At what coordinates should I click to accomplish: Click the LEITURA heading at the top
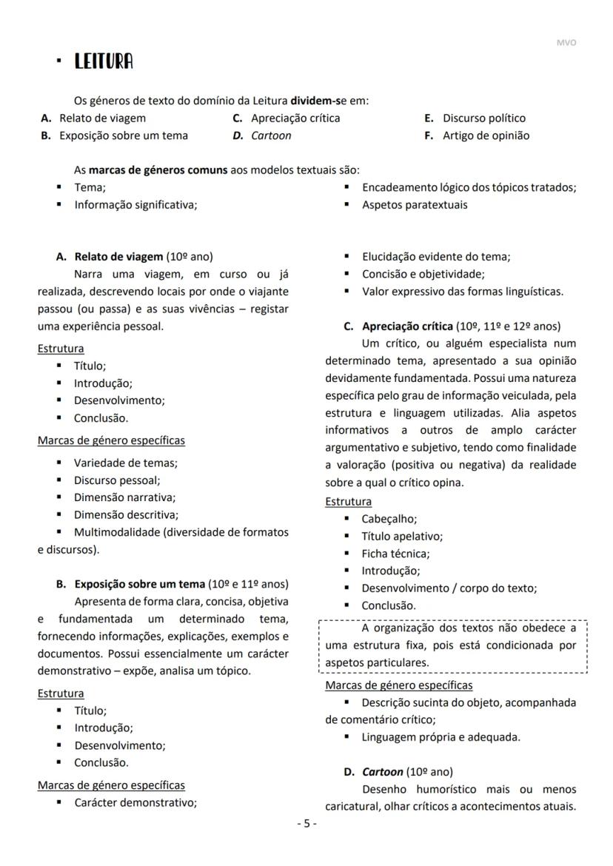pos(104,62)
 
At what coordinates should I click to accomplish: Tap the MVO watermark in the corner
pos(566,42)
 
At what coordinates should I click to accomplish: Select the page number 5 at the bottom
pos(306,823)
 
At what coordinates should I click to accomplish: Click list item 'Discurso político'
pos(484,118)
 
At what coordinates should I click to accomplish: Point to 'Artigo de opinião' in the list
pos(486,135)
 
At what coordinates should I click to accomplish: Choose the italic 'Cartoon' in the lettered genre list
pos(271,135)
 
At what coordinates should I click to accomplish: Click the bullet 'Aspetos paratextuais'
pos(414,204)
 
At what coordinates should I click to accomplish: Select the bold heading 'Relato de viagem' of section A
pos(118,256)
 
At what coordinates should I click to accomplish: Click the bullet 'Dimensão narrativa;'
pos(124,497)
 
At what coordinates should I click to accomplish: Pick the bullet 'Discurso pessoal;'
pos(116,480)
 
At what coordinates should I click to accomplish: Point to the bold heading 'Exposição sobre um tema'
pos(140,583)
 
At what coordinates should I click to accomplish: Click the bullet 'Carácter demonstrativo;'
pos(135,802)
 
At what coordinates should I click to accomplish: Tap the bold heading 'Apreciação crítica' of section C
pos(407,326)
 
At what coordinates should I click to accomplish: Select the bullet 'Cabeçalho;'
pos(389,519)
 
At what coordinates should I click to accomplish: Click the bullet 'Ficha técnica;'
pos(395,553)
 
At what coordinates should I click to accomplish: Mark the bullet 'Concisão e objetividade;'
pos(423,274)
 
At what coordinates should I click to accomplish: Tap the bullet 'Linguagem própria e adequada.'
pos(441,736)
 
